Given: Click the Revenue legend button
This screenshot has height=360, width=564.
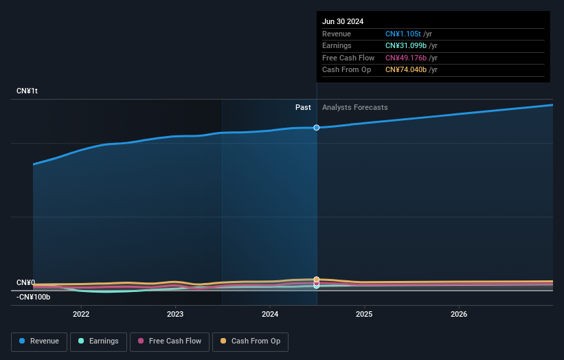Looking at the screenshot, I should [40, 341].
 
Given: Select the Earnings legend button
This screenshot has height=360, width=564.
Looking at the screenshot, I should [98, 341].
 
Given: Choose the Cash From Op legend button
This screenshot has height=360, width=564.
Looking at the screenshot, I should [251, 341].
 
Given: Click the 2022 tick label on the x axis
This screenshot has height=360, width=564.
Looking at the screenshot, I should [81, 314].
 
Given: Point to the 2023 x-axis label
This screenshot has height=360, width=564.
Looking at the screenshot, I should [175, 314].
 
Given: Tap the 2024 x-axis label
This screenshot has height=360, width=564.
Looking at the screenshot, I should [270, 314].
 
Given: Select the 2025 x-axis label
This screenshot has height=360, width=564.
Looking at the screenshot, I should [364, 314].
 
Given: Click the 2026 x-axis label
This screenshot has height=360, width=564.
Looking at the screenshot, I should [459, 314].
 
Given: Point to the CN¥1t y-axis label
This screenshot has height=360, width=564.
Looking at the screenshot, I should [27, 91].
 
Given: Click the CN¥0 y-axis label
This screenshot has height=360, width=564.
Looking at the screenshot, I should [26, 282].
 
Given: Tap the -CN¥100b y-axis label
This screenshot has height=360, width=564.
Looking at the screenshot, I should [34, 297].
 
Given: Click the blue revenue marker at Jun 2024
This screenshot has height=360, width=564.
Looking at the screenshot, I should [317, 128].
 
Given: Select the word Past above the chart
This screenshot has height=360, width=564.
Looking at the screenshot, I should [303, 108].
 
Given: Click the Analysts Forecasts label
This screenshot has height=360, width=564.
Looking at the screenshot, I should [354, 108].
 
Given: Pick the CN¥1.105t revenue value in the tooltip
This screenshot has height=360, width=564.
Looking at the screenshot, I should [403, 34].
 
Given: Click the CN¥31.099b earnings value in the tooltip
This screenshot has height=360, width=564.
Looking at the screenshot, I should [405, 46].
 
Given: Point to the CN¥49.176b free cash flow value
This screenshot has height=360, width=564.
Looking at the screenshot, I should [405, 58].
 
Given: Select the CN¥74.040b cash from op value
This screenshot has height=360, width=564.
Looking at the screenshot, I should [405, 70].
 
